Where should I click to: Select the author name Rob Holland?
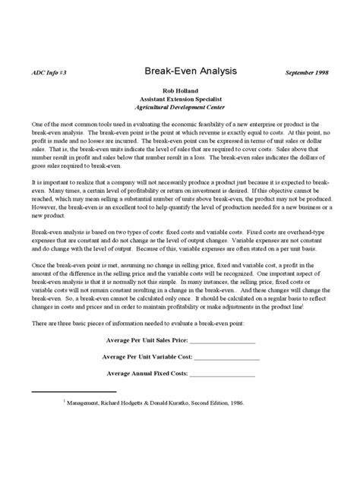coord(180,89)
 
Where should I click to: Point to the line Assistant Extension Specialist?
coord(180,99)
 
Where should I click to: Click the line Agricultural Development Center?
coord(180,109)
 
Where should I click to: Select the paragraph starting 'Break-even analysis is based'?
coord(179,241)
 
